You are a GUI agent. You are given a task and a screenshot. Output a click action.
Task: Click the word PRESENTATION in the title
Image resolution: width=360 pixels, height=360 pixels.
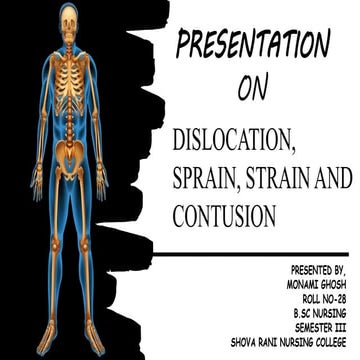coord(254,46)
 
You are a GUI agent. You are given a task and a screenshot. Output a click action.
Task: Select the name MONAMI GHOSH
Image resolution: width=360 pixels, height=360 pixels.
coord(320,284)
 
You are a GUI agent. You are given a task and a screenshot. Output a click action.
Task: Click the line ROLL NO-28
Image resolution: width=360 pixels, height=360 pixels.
coord(327,298)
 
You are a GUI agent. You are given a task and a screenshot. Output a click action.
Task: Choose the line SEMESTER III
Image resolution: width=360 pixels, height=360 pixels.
coord(326,326)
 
